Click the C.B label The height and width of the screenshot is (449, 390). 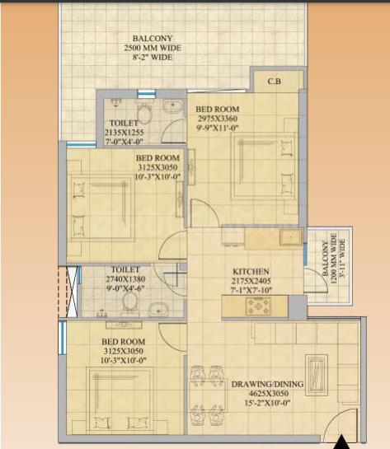tap(275, 82)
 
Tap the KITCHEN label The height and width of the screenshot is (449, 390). tap(251, 272)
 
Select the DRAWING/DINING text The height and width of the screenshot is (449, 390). tap(267, 384)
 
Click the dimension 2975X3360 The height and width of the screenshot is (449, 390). tap(218, 119)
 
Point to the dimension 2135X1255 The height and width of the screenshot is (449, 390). tap(124, 133)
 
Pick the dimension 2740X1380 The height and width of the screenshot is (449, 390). tap(125, 279)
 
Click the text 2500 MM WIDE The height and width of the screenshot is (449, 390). tap(153, 48)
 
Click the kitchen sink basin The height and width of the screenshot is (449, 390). tap(291, 236)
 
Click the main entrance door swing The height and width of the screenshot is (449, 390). tap(341, 421)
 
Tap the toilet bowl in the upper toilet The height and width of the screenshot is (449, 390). tap(143, 113)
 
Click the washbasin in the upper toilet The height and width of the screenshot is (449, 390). tap(173, 106)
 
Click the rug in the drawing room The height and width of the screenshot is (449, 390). tap(317, 376)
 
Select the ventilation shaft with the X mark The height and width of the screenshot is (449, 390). tap(72, 292)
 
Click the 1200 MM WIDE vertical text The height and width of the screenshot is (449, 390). tap(334, 259)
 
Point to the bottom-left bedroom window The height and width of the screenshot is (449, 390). tap(62, 337)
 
